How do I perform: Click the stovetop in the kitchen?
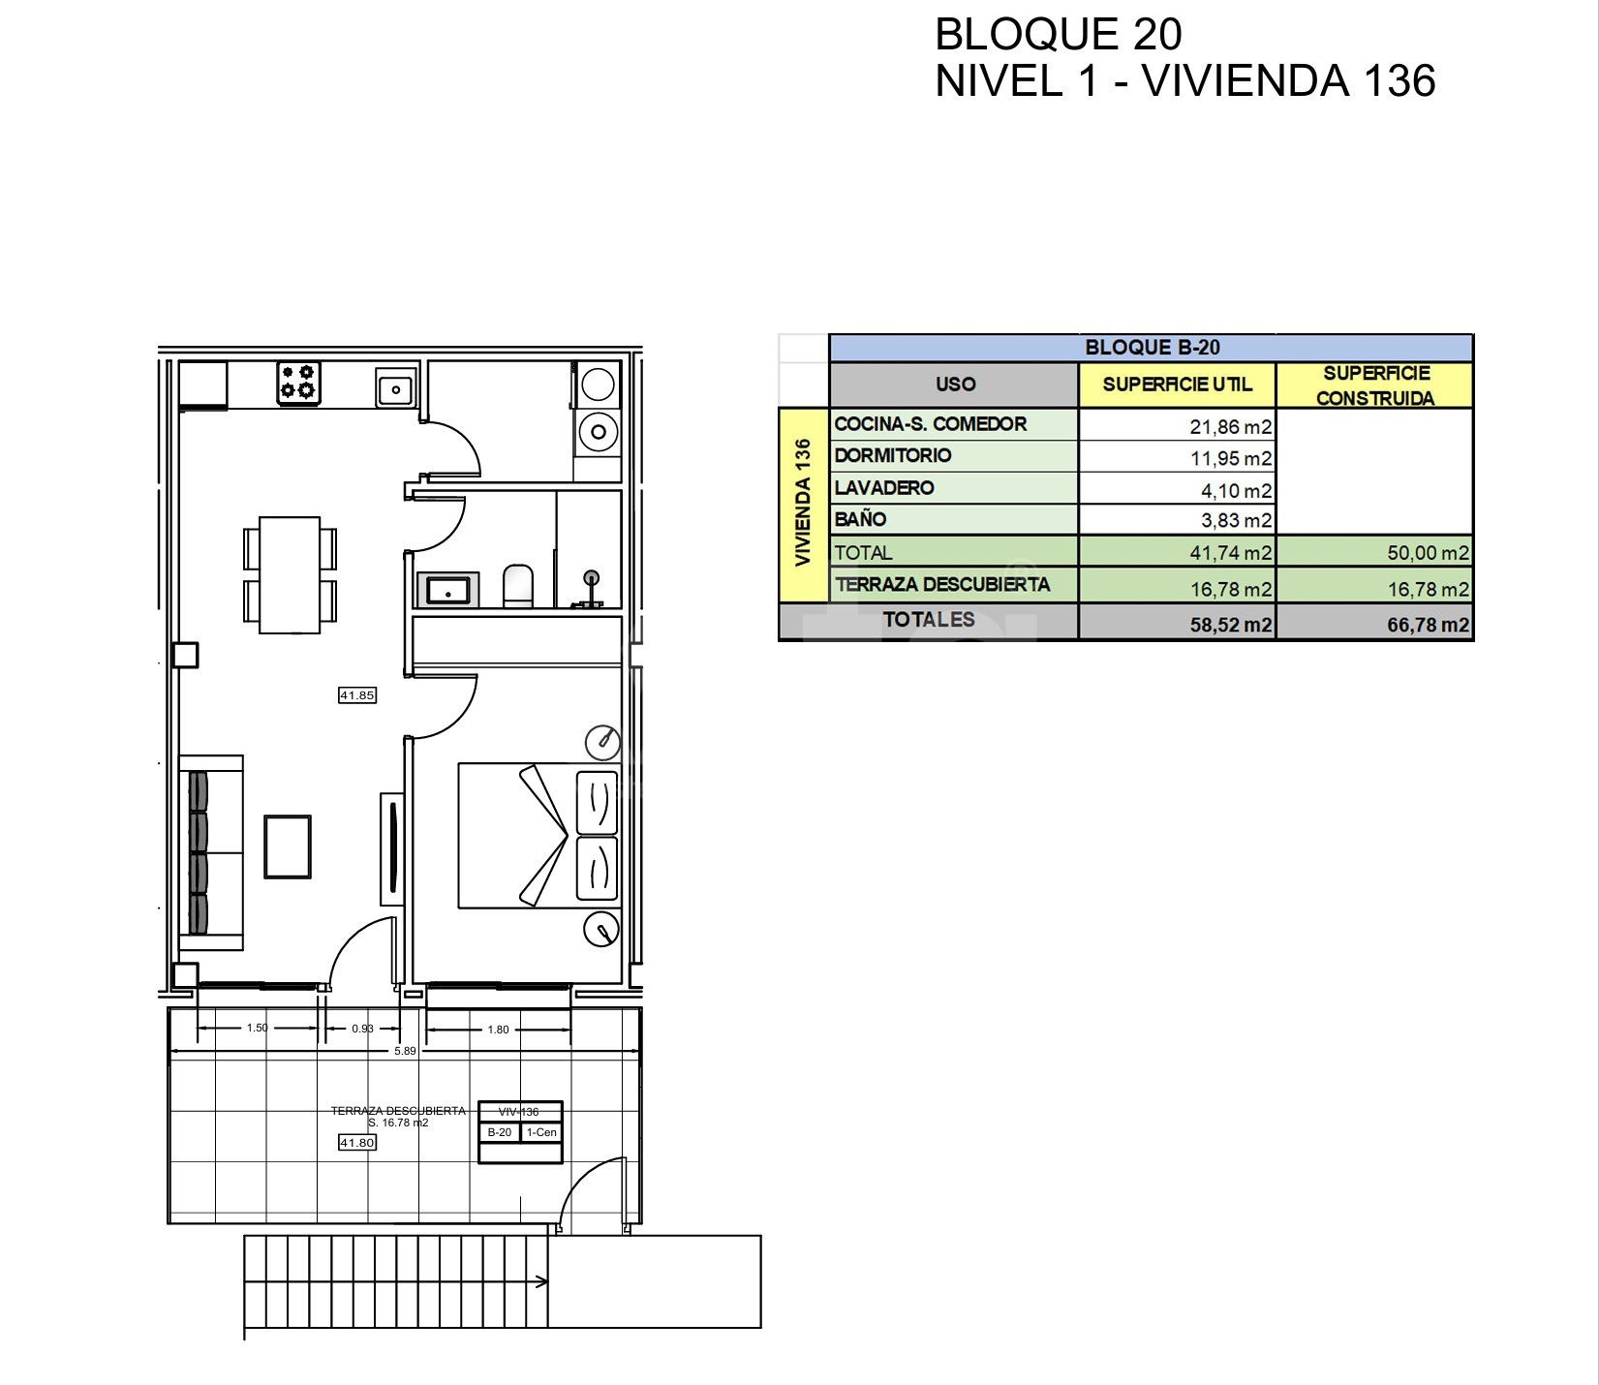coord(299,383)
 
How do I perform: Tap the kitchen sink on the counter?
coord(395,389)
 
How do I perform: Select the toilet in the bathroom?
coord(518,586)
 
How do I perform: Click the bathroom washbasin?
coord(447,590)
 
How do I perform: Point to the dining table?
coord(290,575)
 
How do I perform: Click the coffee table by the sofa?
coord(288,846)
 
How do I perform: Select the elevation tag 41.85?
coord(356,695)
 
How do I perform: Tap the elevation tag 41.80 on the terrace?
coord(356,1143)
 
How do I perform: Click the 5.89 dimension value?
coord(405,1051)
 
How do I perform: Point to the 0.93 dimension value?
coord(362,1029)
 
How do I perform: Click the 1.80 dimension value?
coord(498,1030)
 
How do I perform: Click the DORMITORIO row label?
coord(893,455)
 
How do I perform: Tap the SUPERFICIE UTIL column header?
coord(1177,385)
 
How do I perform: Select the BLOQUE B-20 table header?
coord(1153,348)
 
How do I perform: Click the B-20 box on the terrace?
coord(500,1132)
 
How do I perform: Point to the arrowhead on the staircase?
coord(541,1282)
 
